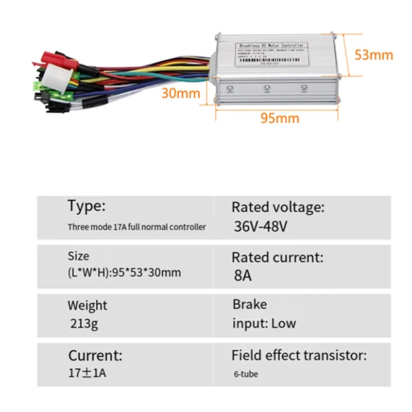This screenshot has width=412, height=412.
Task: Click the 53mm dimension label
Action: pyautogui.click(x=374, y=55)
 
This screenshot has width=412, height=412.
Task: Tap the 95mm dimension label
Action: pyautogui.click(x=279, y=118)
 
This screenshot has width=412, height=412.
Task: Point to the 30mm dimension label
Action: pyautogui.click(x=180, y=93)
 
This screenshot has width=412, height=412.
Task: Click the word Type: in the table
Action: pyautogui.click(x=87, y=207)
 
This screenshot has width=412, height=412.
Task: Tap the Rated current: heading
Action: pyautogui.click(x=278, y=256)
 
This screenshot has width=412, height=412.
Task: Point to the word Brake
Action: pyautogui.click(x=250, y=304)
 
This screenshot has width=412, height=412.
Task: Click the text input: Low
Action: pyautogui.click(x=264, y=323)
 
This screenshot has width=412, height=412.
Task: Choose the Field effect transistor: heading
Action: pyautogui.click(x=299, y=355)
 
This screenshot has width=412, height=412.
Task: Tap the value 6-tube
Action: pyautogui.click(x=245, y=374)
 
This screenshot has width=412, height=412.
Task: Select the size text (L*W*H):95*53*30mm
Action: pyautogui.click(x=124, y=272)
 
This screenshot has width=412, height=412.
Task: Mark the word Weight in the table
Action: pyautogui.click(x=88, y=305)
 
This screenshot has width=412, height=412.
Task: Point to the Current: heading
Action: pyautogui.click(x=95, y=355)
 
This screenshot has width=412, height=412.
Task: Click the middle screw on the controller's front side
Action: pyautogui.click(x=267, y=89)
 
